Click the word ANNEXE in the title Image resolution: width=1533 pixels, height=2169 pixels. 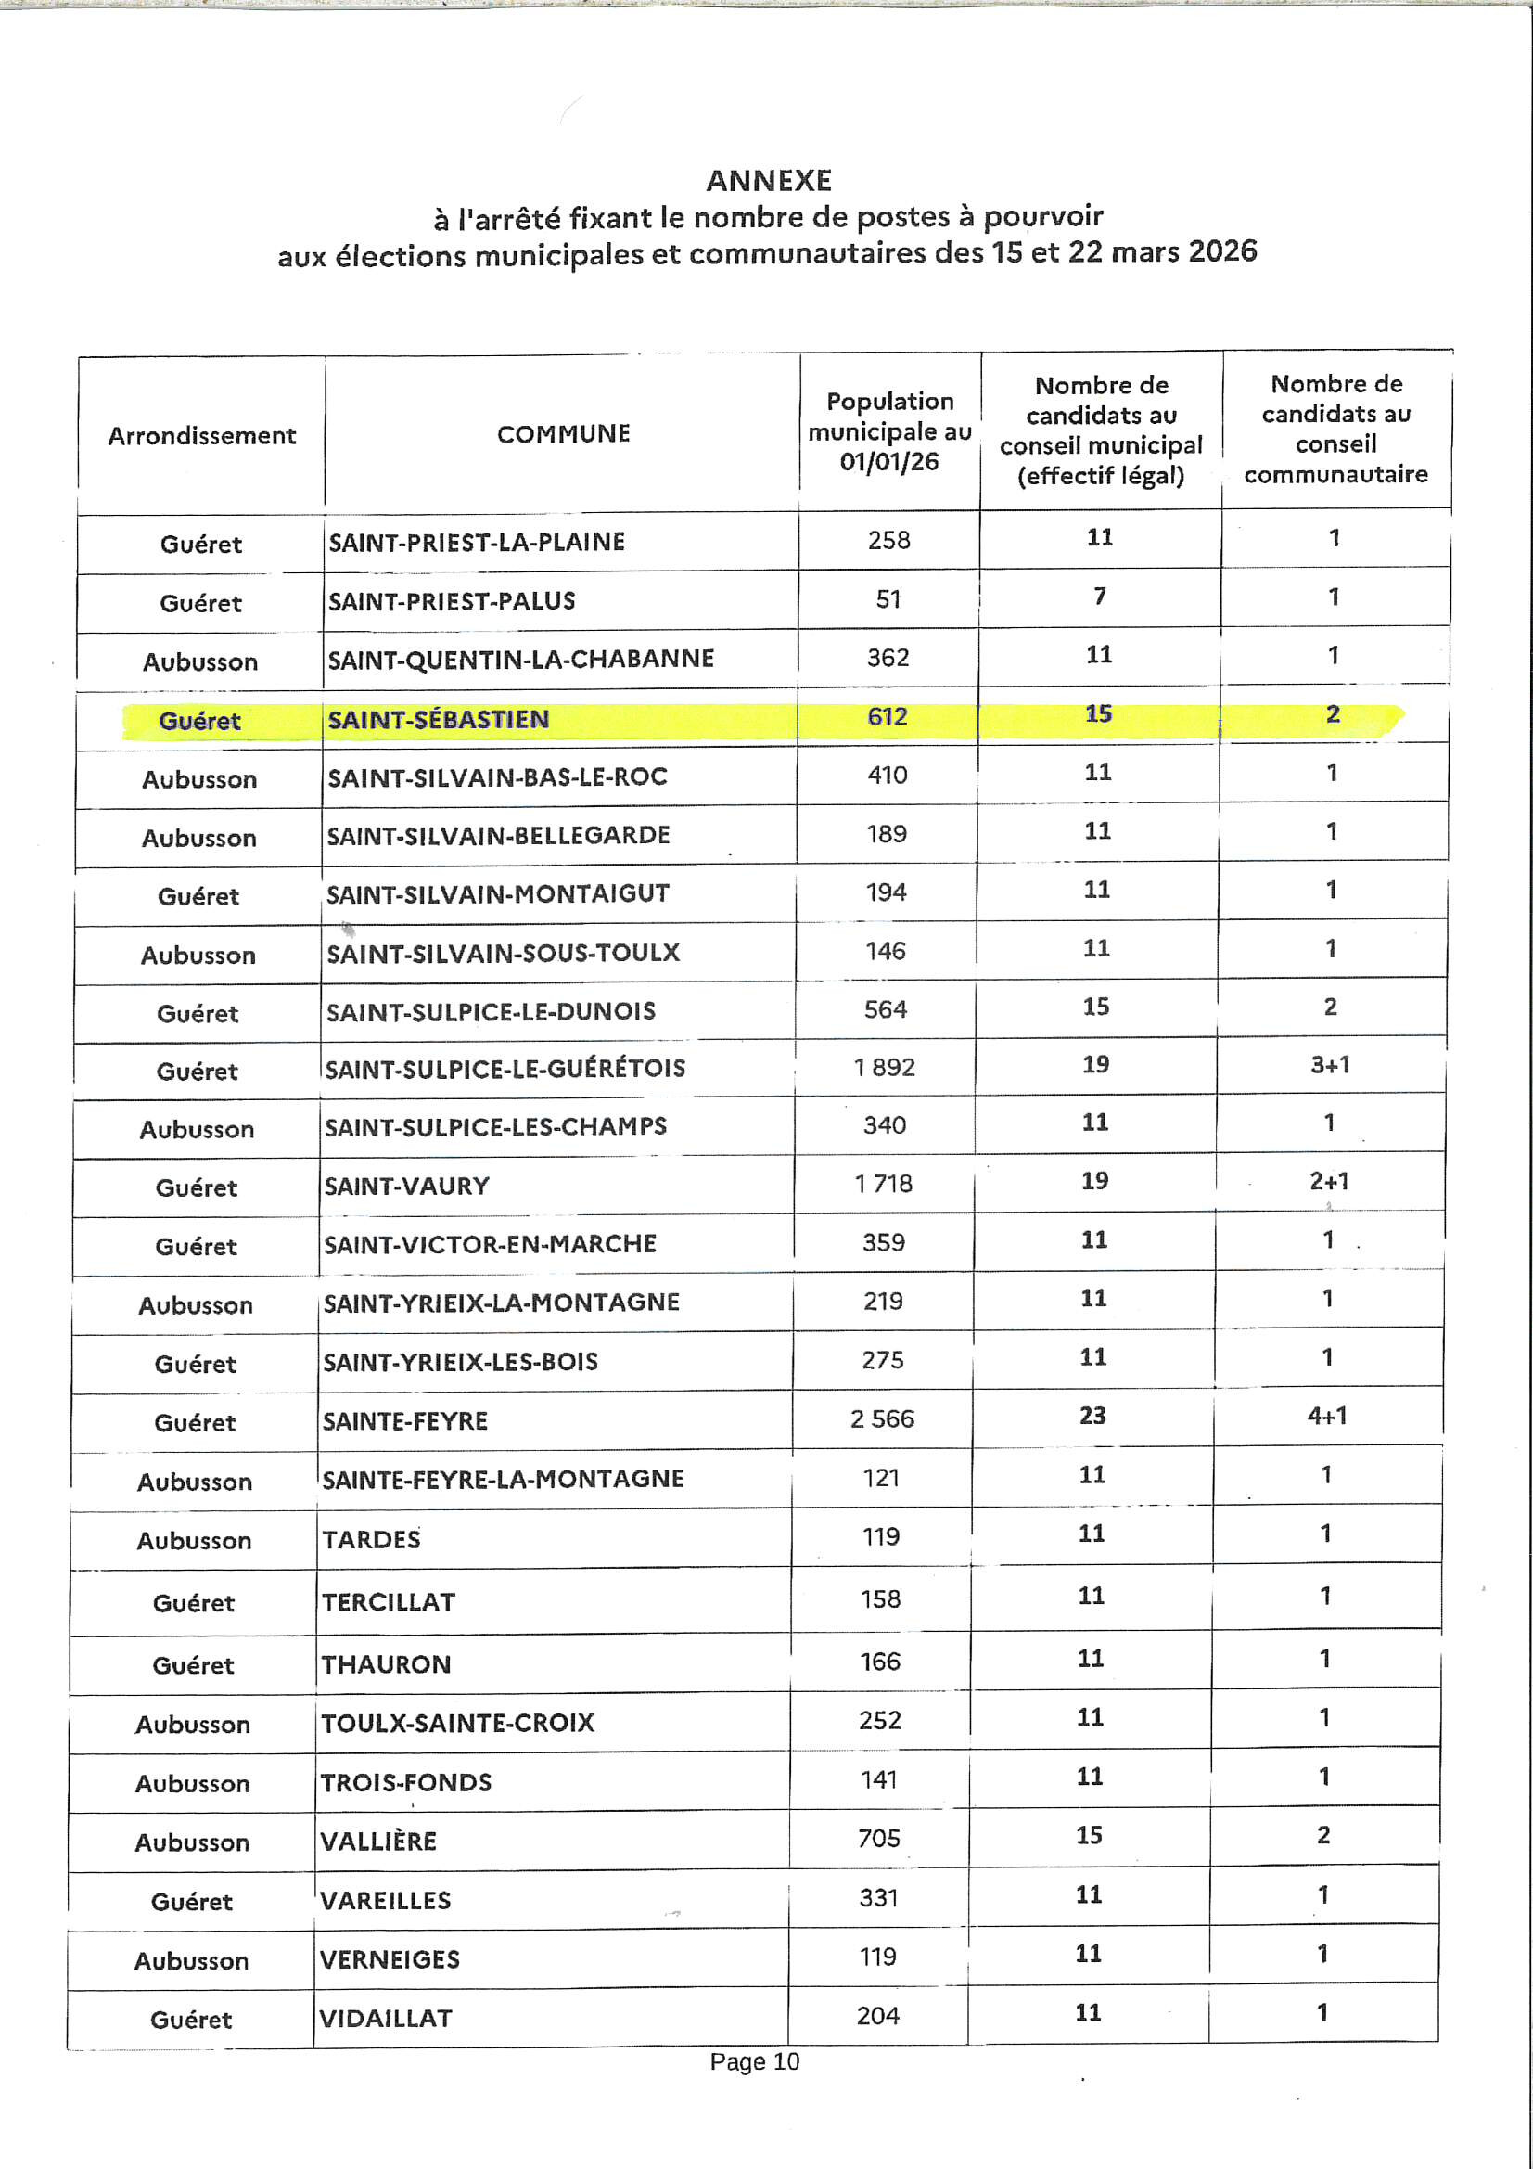[769, 180]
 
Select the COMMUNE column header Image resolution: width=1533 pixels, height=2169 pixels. [563, 433]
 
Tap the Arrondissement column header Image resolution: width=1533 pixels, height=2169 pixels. [201, 435]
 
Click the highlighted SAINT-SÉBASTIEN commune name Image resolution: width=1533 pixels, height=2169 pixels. [439, 719]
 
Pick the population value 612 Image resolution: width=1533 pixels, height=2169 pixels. [888, 717]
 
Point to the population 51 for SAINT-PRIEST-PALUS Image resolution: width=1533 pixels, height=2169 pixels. [888, 599]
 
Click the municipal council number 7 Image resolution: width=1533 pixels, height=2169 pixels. [1100, 597]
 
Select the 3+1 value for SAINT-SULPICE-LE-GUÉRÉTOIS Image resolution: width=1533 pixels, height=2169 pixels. [1330, 1065]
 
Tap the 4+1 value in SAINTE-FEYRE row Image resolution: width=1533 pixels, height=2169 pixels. [1327, 1416]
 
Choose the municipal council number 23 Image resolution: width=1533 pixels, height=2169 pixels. [1092, 1416]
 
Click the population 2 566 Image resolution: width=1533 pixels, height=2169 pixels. [882, 1418]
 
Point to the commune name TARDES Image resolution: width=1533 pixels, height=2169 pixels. [371, 1540]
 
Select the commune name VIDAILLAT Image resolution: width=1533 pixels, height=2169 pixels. [386, 2019]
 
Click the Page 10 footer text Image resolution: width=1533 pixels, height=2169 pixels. [755, 2061]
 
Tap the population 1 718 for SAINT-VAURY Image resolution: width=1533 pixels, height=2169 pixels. [884, 1184]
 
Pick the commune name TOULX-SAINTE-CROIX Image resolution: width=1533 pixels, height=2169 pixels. [458, 1723]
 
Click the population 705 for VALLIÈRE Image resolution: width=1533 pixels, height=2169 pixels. [879, 1839]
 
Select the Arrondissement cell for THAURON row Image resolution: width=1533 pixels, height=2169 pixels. [193, 1664]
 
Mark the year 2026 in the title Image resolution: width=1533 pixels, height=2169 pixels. [1222, 251]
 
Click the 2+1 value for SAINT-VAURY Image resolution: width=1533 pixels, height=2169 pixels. [1329, 1181]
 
